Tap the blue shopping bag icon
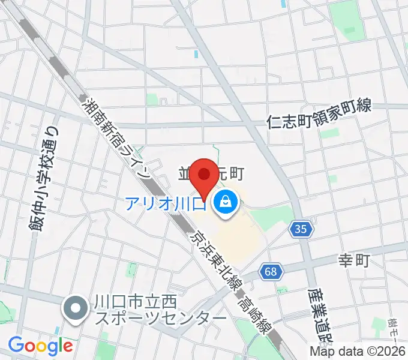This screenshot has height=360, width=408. [x=225, y=202]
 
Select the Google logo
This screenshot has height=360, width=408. [x=40, y=346]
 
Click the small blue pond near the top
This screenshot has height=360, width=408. [x=196, y=54]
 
